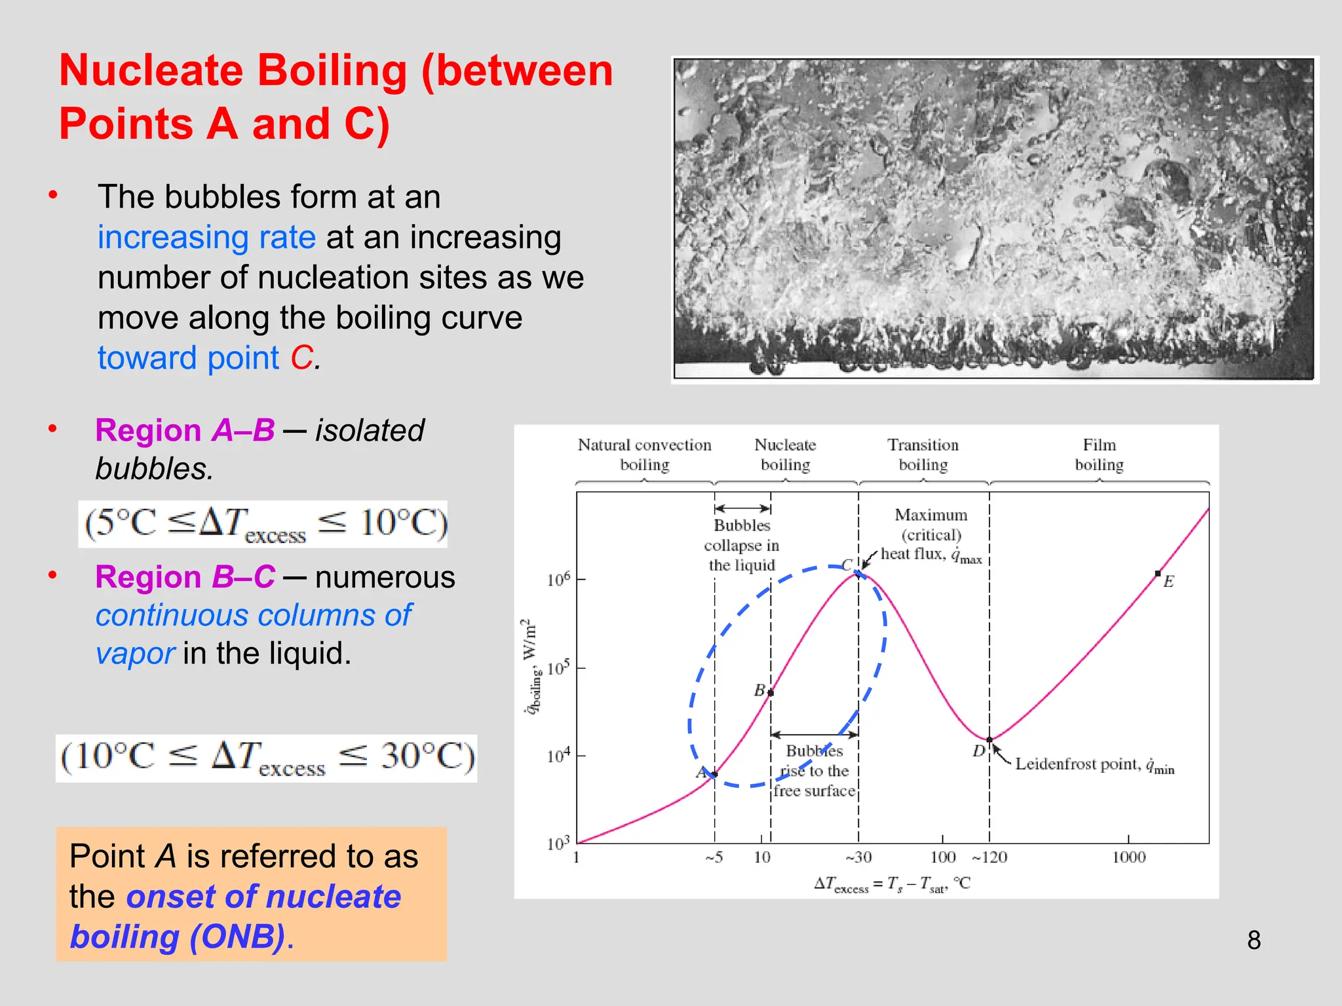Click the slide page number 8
tap(1254, 940)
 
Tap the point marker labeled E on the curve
tap(1158, 574)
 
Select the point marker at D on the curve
tap(989, 740)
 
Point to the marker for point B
tap(771, 692)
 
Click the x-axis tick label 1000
tap(1128, 857)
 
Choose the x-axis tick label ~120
tap(989, 857)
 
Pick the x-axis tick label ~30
tap(858, 857)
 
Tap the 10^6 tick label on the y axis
tap(558, 580)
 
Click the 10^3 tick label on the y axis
tap(558, 843)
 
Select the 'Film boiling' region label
tap(1099, 455)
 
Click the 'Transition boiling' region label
tap(923, 455)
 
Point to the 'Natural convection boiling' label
tap(644, 455)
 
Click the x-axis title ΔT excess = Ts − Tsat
tap(892, 885)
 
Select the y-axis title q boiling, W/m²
tap(530, 666)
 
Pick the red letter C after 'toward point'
tap(302, 358)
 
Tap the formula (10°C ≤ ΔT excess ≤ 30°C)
tap(267, 758)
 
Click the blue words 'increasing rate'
tap(206, 237)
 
